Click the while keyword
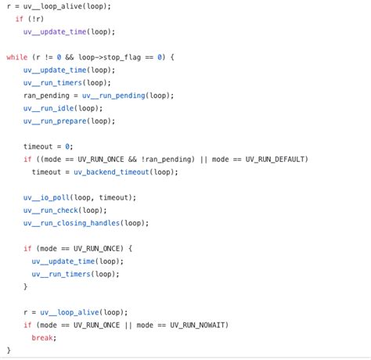click(17, 57)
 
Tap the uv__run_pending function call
click(113, 95)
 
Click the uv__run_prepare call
click(55, 121)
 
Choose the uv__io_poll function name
click(46, 197)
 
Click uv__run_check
click(51, 211)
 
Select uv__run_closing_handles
click(71, 223)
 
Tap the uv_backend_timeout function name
click(111, 172)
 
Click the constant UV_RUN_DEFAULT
click(275, 159)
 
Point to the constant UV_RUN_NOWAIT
click(197, 325)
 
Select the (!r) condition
click(36, 19)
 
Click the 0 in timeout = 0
click(67, 146)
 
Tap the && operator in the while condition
click(70, 57)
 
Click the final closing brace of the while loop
click(9, 350)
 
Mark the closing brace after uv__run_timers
click(25, 286)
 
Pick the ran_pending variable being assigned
click(46, 95)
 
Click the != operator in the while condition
click(49, 57)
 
